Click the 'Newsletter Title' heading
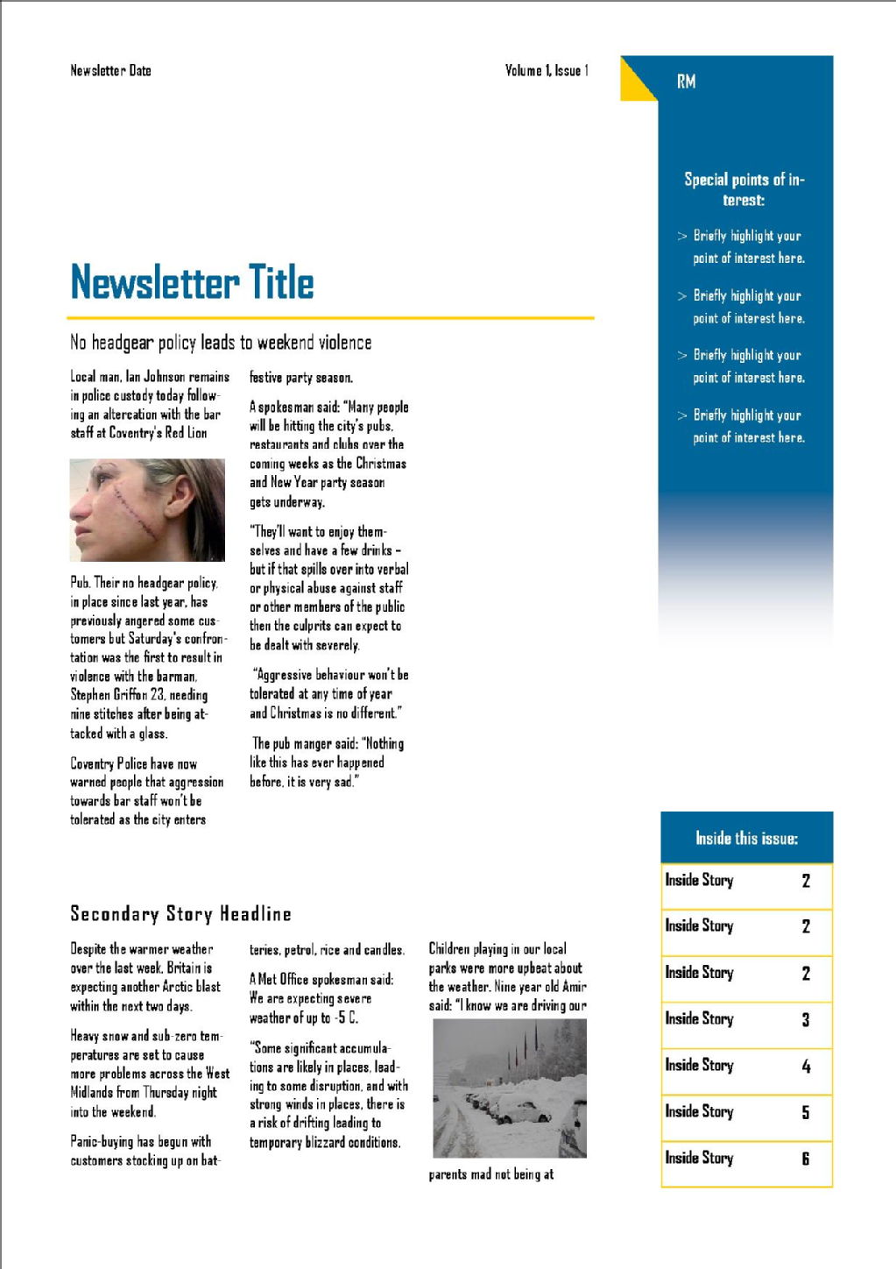tap(192, 282)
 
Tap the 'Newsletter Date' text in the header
tap(110, 70)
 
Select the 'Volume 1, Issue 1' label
tap(547, 70)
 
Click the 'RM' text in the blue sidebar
tap(686, 82)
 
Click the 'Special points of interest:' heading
tap(744, 189)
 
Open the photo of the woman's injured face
tap(147, 510)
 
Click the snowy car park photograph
tap(510, 1088)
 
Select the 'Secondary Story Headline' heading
tap(180, 914)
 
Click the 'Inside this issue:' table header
tap(746, 839)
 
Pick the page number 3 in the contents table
tap(805, 1019)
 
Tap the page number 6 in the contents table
tap(805, 1159)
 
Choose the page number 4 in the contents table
tap(805, 1067)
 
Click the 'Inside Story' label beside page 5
tap(699, 1112)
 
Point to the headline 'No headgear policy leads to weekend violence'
tap(221, 343)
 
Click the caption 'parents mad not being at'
tap(490, 1174)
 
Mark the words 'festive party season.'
tap(301, 378)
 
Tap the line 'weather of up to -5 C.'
tap(303, 1017)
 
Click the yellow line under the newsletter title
tap(330, 317)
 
